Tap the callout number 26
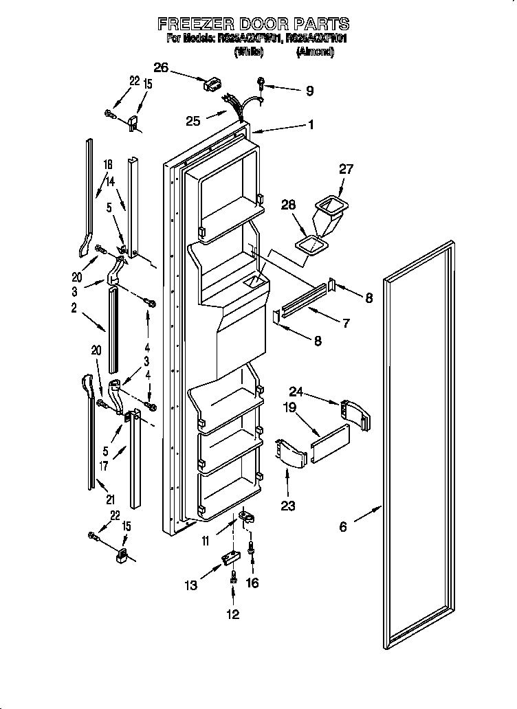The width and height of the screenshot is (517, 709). (x=161, y=67)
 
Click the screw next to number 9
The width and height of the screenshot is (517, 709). (x=262, y=85)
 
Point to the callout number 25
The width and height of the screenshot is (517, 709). (x=193, y=121)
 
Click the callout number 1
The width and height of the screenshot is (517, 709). (x=311, y=124)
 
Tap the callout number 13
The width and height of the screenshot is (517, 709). (x=190, y=585)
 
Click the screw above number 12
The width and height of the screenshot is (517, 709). (x=234, y=579)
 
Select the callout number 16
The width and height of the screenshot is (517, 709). (x=254, y=583)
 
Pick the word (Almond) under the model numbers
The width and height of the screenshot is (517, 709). (x=314, y=52)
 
